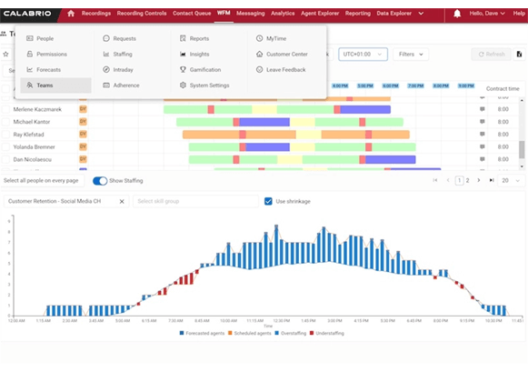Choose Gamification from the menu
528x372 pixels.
pos(204,70)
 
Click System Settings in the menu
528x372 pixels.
pos(208,85)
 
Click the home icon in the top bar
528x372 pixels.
pos(71,14)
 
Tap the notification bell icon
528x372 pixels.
pos(456,14)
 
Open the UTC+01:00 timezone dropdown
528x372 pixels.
pos(363,55)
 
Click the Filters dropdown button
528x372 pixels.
pos(411,55)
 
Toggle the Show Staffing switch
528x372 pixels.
pos(100,181)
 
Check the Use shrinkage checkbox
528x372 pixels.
pos(268,201)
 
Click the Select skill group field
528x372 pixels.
pos(193,201)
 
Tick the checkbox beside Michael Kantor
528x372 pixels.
pos(5,121)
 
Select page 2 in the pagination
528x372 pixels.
pos(468,181)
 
